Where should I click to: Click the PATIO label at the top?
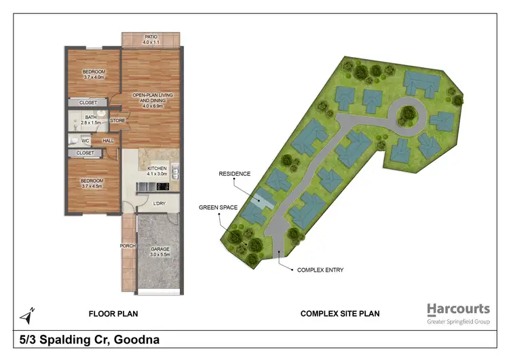151,40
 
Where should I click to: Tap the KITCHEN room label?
157,170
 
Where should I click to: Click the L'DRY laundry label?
159,204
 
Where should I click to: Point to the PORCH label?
128,246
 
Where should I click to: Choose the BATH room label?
90,120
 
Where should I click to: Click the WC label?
86,141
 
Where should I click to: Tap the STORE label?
117,121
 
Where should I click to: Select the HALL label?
108,141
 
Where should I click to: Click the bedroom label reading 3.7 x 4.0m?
94,74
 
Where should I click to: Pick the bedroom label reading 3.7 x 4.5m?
94,183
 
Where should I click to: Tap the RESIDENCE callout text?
234,174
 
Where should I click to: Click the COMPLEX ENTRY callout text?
320,270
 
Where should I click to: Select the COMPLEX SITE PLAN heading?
340,314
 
